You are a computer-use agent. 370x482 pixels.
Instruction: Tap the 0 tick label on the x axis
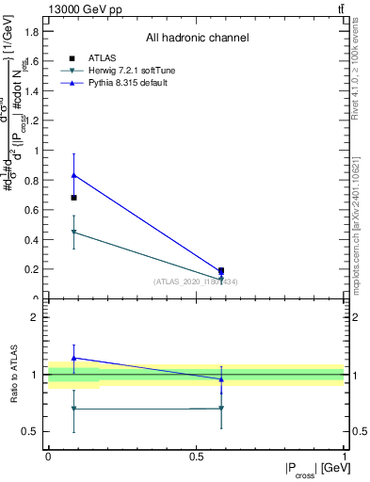(x=48, y=456)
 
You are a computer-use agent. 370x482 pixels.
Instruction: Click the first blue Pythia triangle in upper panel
(x=74, y=175)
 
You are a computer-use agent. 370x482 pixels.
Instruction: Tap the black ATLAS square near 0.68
(x=74, y=198)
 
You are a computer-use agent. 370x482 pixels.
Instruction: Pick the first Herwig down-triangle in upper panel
(x=74, y=232)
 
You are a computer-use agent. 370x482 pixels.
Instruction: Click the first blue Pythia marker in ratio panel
(x=74, y=358)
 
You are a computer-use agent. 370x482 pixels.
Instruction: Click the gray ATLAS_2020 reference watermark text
(x=197, y=281)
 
